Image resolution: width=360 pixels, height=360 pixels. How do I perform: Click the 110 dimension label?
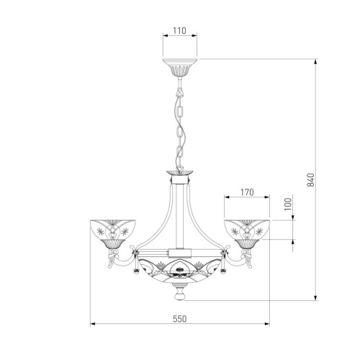(179, 30)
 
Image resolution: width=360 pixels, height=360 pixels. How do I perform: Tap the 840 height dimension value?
(310, 179)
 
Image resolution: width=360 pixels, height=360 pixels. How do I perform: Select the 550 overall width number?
(179, 319)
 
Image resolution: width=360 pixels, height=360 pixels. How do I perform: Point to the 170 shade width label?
(247, 192)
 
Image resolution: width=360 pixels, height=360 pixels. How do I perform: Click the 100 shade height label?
(288, 204)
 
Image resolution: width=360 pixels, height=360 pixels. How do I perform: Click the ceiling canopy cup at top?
(180, 67)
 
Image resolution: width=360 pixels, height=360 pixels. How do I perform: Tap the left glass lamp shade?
(112, 230)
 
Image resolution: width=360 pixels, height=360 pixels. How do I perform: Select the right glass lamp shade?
(247, 230)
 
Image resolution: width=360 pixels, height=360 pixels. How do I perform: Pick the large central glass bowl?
(179, 271)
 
